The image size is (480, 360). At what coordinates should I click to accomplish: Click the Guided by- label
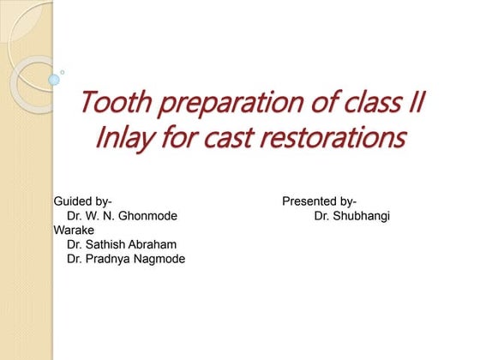point(83,201)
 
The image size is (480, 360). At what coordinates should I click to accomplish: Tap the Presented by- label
point(320,201)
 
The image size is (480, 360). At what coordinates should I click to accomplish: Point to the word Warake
point(73,231)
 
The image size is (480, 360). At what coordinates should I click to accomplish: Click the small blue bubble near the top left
point(54,80)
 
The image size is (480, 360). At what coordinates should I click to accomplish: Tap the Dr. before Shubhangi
point(322,216)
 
